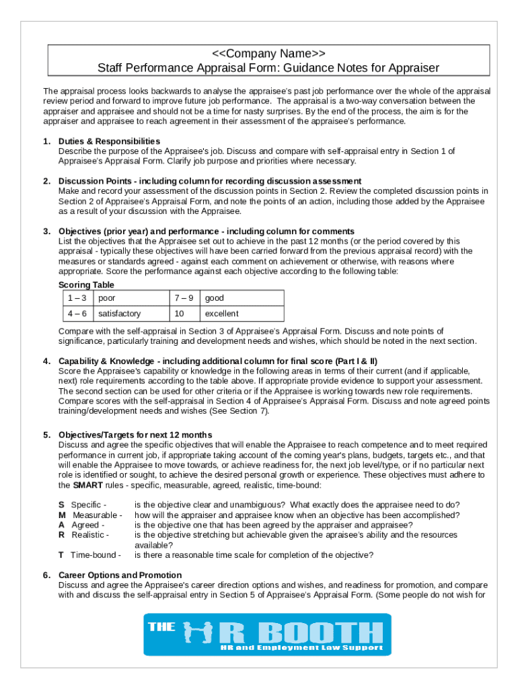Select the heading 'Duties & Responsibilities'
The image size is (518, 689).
(x=109, y=141)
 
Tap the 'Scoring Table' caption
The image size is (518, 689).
(x=86, y=285)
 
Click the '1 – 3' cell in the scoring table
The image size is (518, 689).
(x=75, y=298)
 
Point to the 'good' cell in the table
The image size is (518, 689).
(x=214, y=298)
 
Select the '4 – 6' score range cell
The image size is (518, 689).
(x=75, y=314)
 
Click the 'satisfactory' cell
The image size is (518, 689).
(x=119, y=314)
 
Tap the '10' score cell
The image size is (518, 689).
(x=179, y=314)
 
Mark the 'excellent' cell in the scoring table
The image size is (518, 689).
(x=221, y=314)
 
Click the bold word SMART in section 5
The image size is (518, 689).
(x=87, y=484)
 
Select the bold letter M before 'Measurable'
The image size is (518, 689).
(x=62, y=515)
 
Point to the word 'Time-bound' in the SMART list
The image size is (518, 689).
(x=96, y=555)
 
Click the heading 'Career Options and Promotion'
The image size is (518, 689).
(x=120, y=575)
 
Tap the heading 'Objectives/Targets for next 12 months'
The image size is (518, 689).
(x=135, y=435)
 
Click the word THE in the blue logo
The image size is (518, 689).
(x=161, y=627)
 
